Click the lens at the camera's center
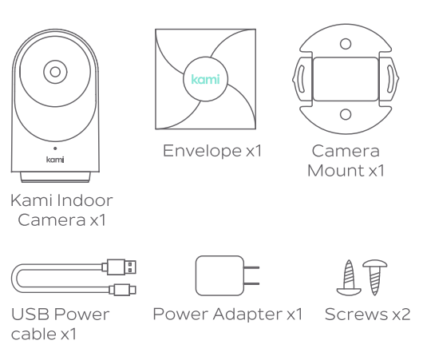point(55,72)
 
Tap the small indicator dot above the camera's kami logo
point(55,148)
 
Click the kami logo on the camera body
point(55,160)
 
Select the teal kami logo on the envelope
point(205,79)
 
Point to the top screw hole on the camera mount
point(346,44)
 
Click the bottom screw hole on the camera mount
point(346,114)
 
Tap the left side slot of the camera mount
point(302,79)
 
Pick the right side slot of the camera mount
point(389,79)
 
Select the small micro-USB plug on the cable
point(123,290)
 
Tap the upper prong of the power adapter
point(251,267)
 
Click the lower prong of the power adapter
point(251,284)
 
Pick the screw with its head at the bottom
point(349,278)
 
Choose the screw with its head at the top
point(374,278)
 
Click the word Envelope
point(202,152)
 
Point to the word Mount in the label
point(336,171)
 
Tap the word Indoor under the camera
point(85,200)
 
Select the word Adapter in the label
point(247,315)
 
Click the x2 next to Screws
point(401,315)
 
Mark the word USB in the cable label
point(30,315)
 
